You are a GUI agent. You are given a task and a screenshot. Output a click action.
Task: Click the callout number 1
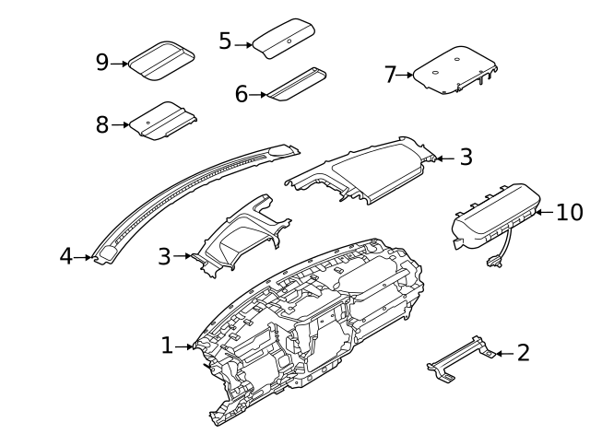[x=167, y=346]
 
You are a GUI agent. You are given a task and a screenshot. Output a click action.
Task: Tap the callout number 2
[x=524, y=352]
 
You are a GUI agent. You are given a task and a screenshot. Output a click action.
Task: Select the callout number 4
[x=65, y=256]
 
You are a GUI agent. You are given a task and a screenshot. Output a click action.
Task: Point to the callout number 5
[x=225, y=41]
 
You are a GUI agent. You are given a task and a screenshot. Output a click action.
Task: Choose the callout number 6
[x=242, y=93]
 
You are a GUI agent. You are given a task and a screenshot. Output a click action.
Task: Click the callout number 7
[x=390, y=75]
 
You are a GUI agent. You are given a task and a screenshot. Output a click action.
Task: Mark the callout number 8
[x=102, y=124]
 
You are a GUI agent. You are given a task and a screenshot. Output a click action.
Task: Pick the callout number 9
[x=102, y=63]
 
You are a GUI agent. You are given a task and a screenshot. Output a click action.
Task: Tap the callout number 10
[x=570, y=212]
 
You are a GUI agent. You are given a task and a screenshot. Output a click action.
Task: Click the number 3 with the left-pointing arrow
[x=466, y=158]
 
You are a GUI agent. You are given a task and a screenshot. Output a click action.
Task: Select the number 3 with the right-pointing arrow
[x=164, y=256]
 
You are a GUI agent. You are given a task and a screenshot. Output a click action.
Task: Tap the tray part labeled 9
[x=159, y=59]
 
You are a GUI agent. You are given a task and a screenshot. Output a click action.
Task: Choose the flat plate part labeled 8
[x=164, y=121]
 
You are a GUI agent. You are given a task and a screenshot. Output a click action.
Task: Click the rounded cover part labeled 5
[x=288, y=40]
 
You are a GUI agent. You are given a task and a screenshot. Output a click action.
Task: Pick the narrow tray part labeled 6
[x=297, y=83]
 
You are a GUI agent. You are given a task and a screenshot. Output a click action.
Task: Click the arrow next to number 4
[x=86, y=257]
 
